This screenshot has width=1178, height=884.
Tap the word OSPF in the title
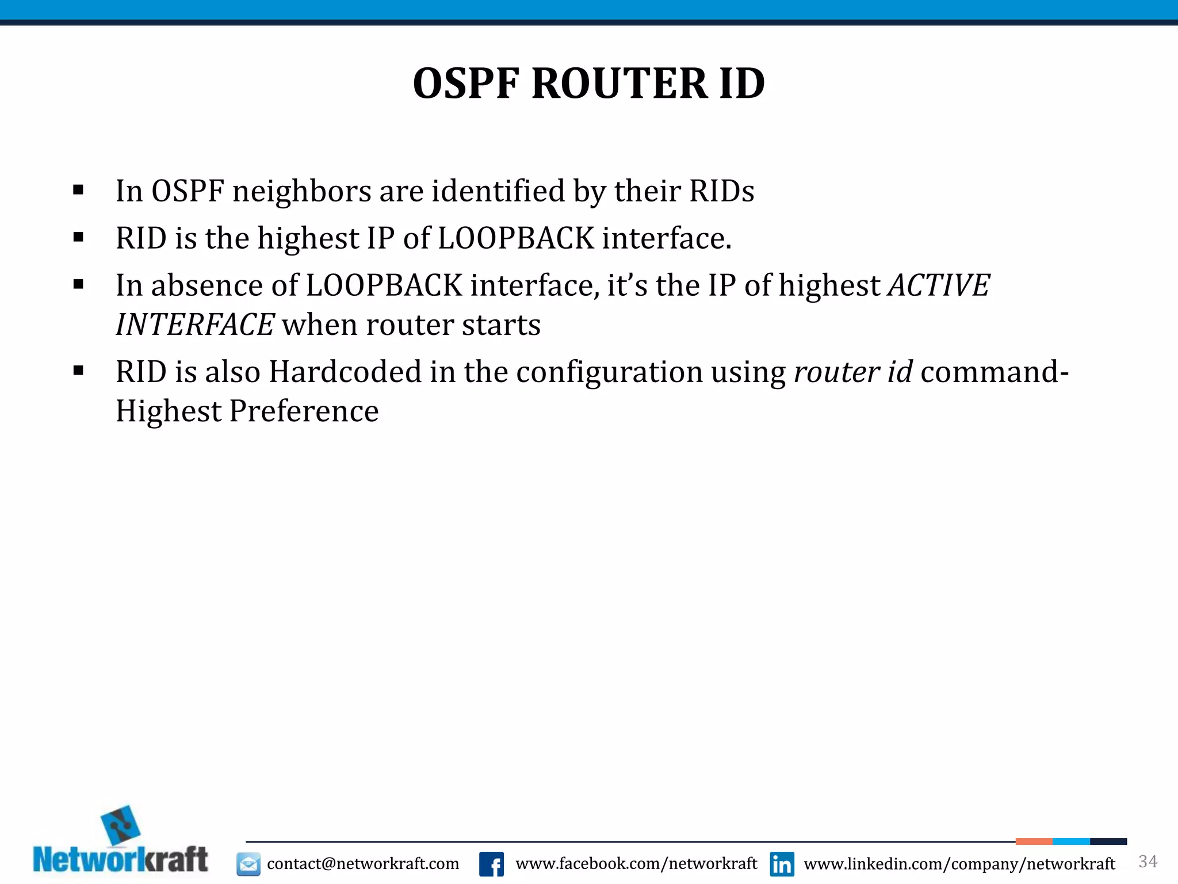(x=466, y=84)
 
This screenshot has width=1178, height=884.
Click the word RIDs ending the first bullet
(x=721, y=191)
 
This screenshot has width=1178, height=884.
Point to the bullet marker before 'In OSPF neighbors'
(x=79, y=190)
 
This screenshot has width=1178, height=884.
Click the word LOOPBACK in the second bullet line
(x=515, y=238)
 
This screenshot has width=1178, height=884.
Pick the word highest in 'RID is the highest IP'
(x=308, y=238)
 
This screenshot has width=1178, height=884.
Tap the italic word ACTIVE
(x=939, y=285)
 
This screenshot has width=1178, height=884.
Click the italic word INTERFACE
(x=194, y=325)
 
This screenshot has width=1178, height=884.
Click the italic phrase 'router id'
(x=852, y=372)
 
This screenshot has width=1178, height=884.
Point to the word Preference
(x=304, y=411)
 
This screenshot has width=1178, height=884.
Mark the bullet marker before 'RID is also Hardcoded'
(x=79, y=371)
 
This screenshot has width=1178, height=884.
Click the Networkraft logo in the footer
(x=121, y=843)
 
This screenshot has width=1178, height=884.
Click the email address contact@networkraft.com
(x=363, y=864)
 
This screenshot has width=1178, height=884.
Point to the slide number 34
(x=1148, y=862)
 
